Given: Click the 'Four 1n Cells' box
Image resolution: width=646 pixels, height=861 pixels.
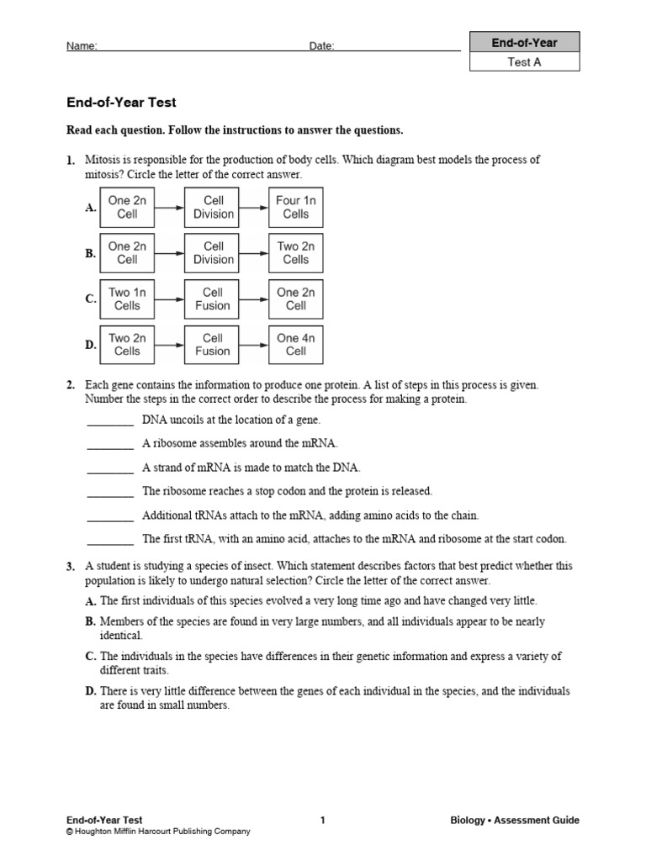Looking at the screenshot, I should pyautogui.click(x=295, y=208).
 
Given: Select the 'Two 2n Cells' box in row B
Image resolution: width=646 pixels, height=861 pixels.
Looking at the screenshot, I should pyautogui.click(x=295, y=253).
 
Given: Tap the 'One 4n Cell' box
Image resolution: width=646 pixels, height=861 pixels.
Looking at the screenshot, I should pyautogui.click(x=295, y=345).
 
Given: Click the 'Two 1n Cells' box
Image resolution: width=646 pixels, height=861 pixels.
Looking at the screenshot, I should pyautogui.click(x=127, y=299).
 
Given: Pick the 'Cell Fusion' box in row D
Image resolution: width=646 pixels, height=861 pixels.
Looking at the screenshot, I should pyautogui.click(x=213, y=345).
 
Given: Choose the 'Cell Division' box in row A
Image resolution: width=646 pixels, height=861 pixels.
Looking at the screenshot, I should pyautogui.click(x=214, y=208).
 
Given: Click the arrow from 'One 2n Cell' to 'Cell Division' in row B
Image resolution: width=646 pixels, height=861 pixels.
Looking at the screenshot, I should pyautogui.click(x=170, y=253).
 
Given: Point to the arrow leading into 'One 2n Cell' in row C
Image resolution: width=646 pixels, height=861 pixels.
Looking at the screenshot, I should pyautogui.click(x=254, y=299).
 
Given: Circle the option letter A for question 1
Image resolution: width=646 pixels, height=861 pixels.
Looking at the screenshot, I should pyautogui.click(x=90, y=208).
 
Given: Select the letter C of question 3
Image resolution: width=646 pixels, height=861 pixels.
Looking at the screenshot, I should pyautogui.click(x=90, y=657).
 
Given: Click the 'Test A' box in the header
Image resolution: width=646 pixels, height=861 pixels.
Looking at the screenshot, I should pyautogui.click(x=524, y=61).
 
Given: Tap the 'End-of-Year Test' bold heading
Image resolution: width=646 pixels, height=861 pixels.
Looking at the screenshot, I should pyautogui.click(x=121, y=103).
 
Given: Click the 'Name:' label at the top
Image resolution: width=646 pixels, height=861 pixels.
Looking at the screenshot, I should pyautogui.click(x=82, y=46).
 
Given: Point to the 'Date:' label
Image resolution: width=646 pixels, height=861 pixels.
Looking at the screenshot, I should pyautogui.click(x=321, y=46).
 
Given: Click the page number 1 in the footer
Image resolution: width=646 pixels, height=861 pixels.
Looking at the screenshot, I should pyautogui.click(x=323, y=821).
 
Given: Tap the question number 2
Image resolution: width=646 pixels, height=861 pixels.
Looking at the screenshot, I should pyautogui.click(x=71, y=385).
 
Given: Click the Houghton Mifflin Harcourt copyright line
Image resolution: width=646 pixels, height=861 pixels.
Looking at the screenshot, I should pyautogui.click(x=158, y=832).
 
